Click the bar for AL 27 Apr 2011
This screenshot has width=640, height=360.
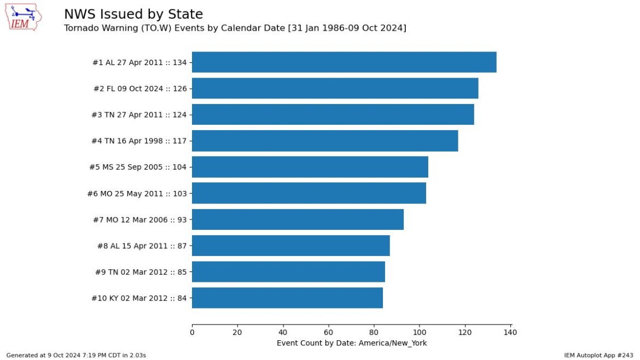(x=344, y=62)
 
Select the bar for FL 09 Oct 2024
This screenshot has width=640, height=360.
(x=335, y=89)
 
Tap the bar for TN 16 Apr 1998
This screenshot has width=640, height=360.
(x=325, y=141)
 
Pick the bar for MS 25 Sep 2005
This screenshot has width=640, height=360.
(x=310, y=167)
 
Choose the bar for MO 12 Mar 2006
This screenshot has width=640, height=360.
(x=298, y=219)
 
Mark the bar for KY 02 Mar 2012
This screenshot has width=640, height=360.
(x=287, y=298)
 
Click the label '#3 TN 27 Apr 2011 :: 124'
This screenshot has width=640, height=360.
(x=139, y=115)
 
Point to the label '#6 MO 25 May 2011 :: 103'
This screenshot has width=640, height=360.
(x=137, y=194)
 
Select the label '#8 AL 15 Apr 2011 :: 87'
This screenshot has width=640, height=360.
(x=141, y=246)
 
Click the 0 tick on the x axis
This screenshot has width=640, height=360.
(x=192, y=332)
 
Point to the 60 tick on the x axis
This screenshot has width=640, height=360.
(x=328, y=332)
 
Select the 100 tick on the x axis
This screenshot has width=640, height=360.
(x=420, y=332)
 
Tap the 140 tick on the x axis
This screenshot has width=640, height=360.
(x=510, y=332)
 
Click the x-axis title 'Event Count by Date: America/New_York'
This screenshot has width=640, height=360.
(x=352, y=343)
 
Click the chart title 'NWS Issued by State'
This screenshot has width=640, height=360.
(x=133, y=15)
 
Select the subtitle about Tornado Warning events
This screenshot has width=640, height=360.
(x=235, y=28)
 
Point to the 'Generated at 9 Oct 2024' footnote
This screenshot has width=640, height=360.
(x=76, y=355)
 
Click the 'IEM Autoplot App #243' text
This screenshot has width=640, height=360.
(x=598, y=355)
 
